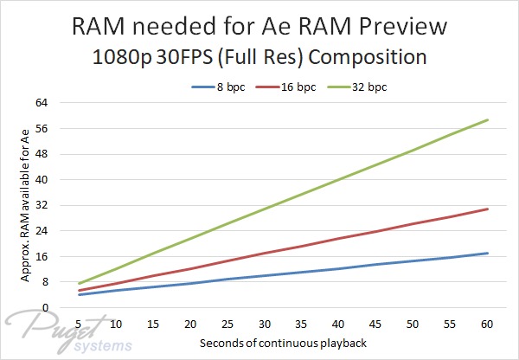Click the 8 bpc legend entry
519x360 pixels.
point(219,87)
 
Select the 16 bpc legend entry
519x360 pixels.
point(285,87)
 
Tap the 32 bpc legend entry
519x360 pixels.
point(357,87)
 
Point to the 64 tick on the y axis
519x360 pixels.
point(42,103)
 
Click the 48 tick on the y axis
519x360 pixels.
point(42,154)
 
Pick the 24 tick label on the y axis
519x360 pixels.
point(42,231)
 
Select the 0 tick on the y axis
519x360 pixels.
point(45,308)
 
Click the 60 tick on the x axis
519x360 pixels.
point(487,324)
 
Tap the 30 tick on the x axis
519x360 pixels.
point(265,324)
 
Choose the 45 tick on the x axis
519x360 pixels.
point(375,324)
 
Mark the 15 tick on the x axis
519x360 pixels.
point(153,324)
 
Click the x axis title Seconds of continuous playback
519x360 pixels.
point(283,343)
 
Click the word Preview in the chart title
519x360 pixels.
point(403,27)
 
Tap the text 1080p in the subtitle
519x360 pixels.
point(121,57)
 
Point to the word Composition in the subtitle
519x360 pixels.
point(368,57)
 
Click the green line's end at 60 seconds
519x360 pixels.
point(487,120)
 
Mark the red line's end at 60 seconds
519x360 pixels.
point(487,209)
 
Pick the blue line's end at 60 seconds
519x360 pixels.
point(487,254)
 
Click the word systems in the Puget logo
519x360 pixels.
point(103,346)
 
